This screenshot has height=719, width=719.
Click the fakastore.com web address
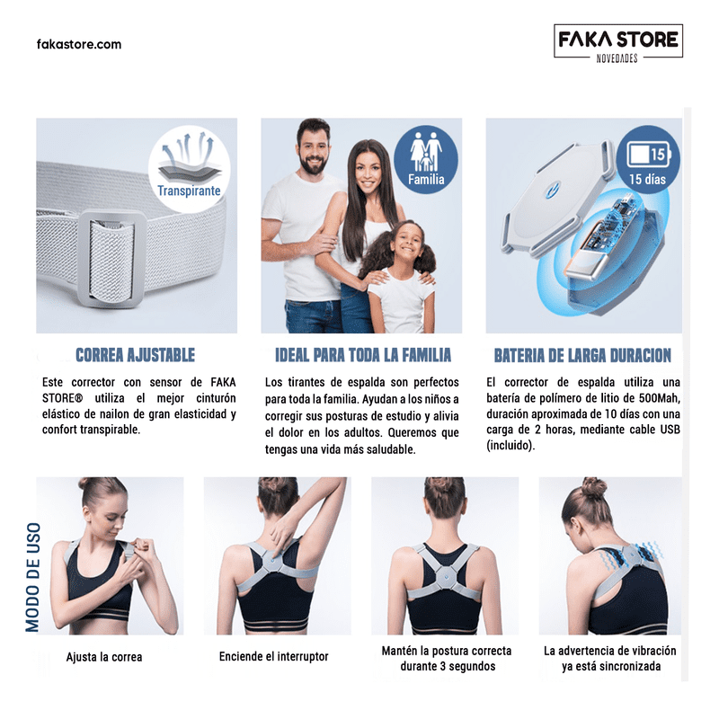click(x=79, y=44)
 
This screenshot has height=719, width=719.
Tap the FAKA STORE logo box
click(x=618, y=41)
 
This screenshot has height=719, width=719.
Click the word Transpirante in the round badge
click(x=189, y=191)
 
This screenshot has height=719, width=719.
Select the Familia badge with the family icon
click(x=426, y=159)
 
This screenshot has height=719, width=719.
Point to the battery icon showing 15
click(x=648, y=155)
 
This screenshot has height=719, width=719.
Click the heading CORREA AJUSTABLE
click(x=136, y=355)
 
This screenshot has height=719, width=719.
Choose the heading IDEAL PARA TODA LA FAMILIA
click(x=363, y=355)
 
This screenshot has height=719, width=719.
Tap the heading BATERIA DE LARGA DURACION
click(x=582, y=355)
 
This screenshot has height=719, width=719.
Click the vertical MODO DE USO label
click(x=32, y=577)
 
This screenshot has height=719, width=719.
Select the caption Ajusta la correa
click(x=104, y=657)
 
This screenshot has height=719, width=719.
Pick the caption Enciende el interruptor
click(x=274, y=656)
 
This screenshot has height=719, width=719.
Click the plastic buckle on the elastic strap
click(x=111, y=258)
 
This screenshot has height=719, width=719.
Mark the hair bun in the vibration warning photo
click(x=594, y=488)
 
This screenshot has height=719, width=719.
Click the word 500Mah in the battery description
click(x=659, y=398)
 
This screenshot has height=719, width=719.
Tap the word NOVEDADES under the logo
click(x=617, y=58)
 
